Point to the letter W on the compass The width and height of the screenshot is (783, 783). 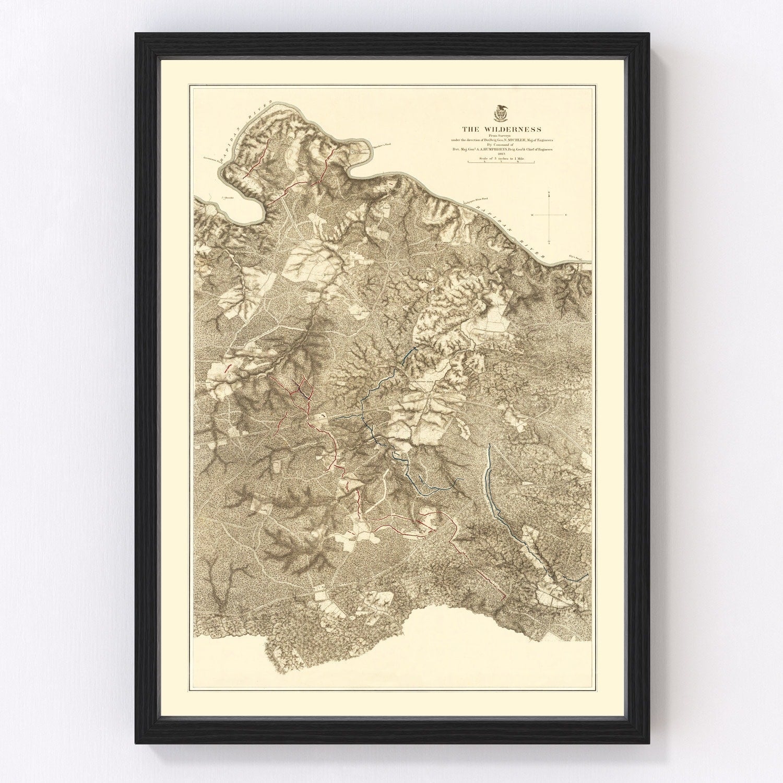point(532,215)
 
